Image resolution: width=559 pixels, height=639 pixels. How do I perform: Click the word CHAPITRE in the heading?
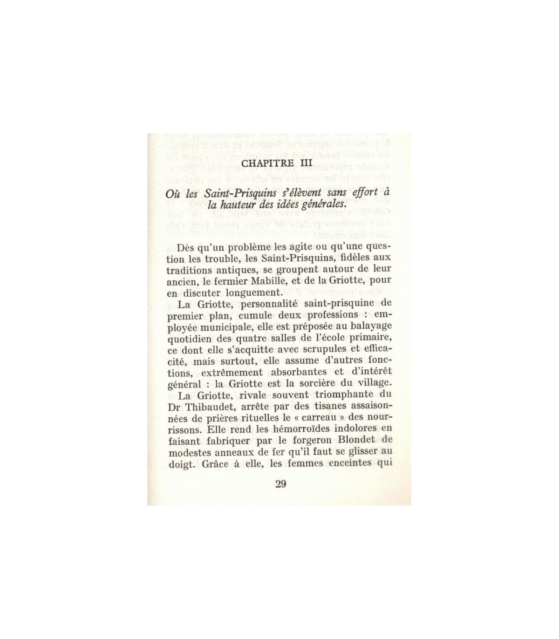[x=266, y=163]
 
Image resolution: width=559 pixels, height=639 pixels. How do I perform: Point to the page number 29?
[x=281, y=483]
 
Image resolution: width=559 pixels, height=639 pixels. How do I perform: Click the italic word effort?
[x=361, y=192]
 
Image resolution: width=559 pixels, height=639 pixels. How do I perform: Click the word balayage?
[x=370, y=326]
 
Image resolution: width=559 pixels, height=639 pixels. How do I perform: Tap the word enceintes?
[x=344, y=462]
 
